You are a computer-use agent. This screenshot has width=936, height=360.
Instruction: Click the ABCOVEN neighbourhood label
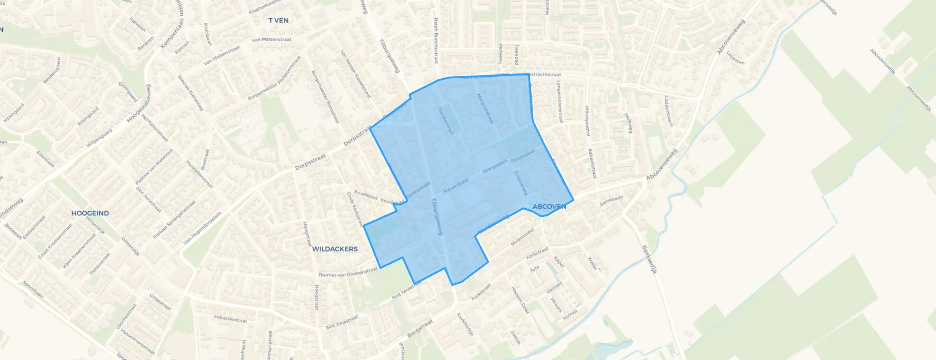(549, 207)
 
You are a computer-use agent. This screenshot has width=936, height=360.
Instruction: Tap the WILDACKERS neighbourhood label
(335, 249)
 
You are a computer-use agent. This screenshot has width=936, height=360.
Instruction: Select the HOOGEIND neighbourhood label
(90, 213)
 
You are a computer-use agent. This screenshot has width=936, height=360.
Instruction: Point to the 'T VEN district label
(278, 20)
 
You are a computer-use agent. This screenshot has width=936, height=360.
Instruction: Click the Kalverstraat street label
(456, 186)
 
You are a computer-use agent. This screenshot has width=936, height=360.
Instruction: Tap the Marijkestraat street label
(446, 121)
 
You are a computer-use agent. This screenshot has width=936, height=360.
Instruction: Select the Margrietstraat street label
(485, 108)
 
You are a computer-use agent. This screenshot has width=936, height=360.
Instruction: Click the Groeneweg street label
(521, 183)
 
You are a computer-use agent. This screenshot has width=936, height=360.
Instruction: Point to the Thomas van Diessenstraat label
(348, 273)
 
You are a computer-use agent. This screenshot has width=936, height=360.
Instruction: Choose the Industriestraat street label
(230, 319)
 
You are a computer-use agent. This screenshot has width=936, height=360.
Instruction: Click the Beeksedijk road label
(649, 259)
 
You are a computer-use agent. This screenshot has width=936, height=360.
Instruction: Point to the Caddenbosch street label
(668, 111)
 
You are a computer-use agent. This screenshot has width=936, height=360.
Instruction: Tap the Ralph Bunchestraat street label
(436, 40)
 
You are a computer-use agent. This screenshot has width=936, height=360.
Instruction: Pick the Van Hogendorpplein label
(202, 228)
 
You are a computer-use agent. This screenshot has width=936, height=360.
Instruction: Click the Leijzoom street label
(735, 58)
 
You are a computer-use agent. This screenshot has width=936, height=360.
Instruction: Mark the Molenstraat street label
(522, 237)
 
